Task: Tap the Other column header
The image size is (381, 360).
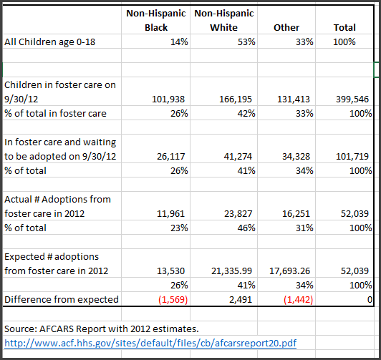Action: [286, 27]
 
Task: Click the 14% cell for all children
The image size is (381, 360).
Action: [177, 42]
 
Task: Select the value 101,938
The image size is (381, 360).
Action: [167, 99]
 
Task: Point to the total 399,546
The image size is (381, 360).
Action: [352, 99]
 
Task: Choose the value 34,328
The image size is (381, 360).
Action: [296, 156]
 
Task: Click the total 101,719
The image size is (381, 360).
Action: [352, 156]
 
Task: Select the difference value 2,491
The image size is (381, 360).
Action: [243, 299]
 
